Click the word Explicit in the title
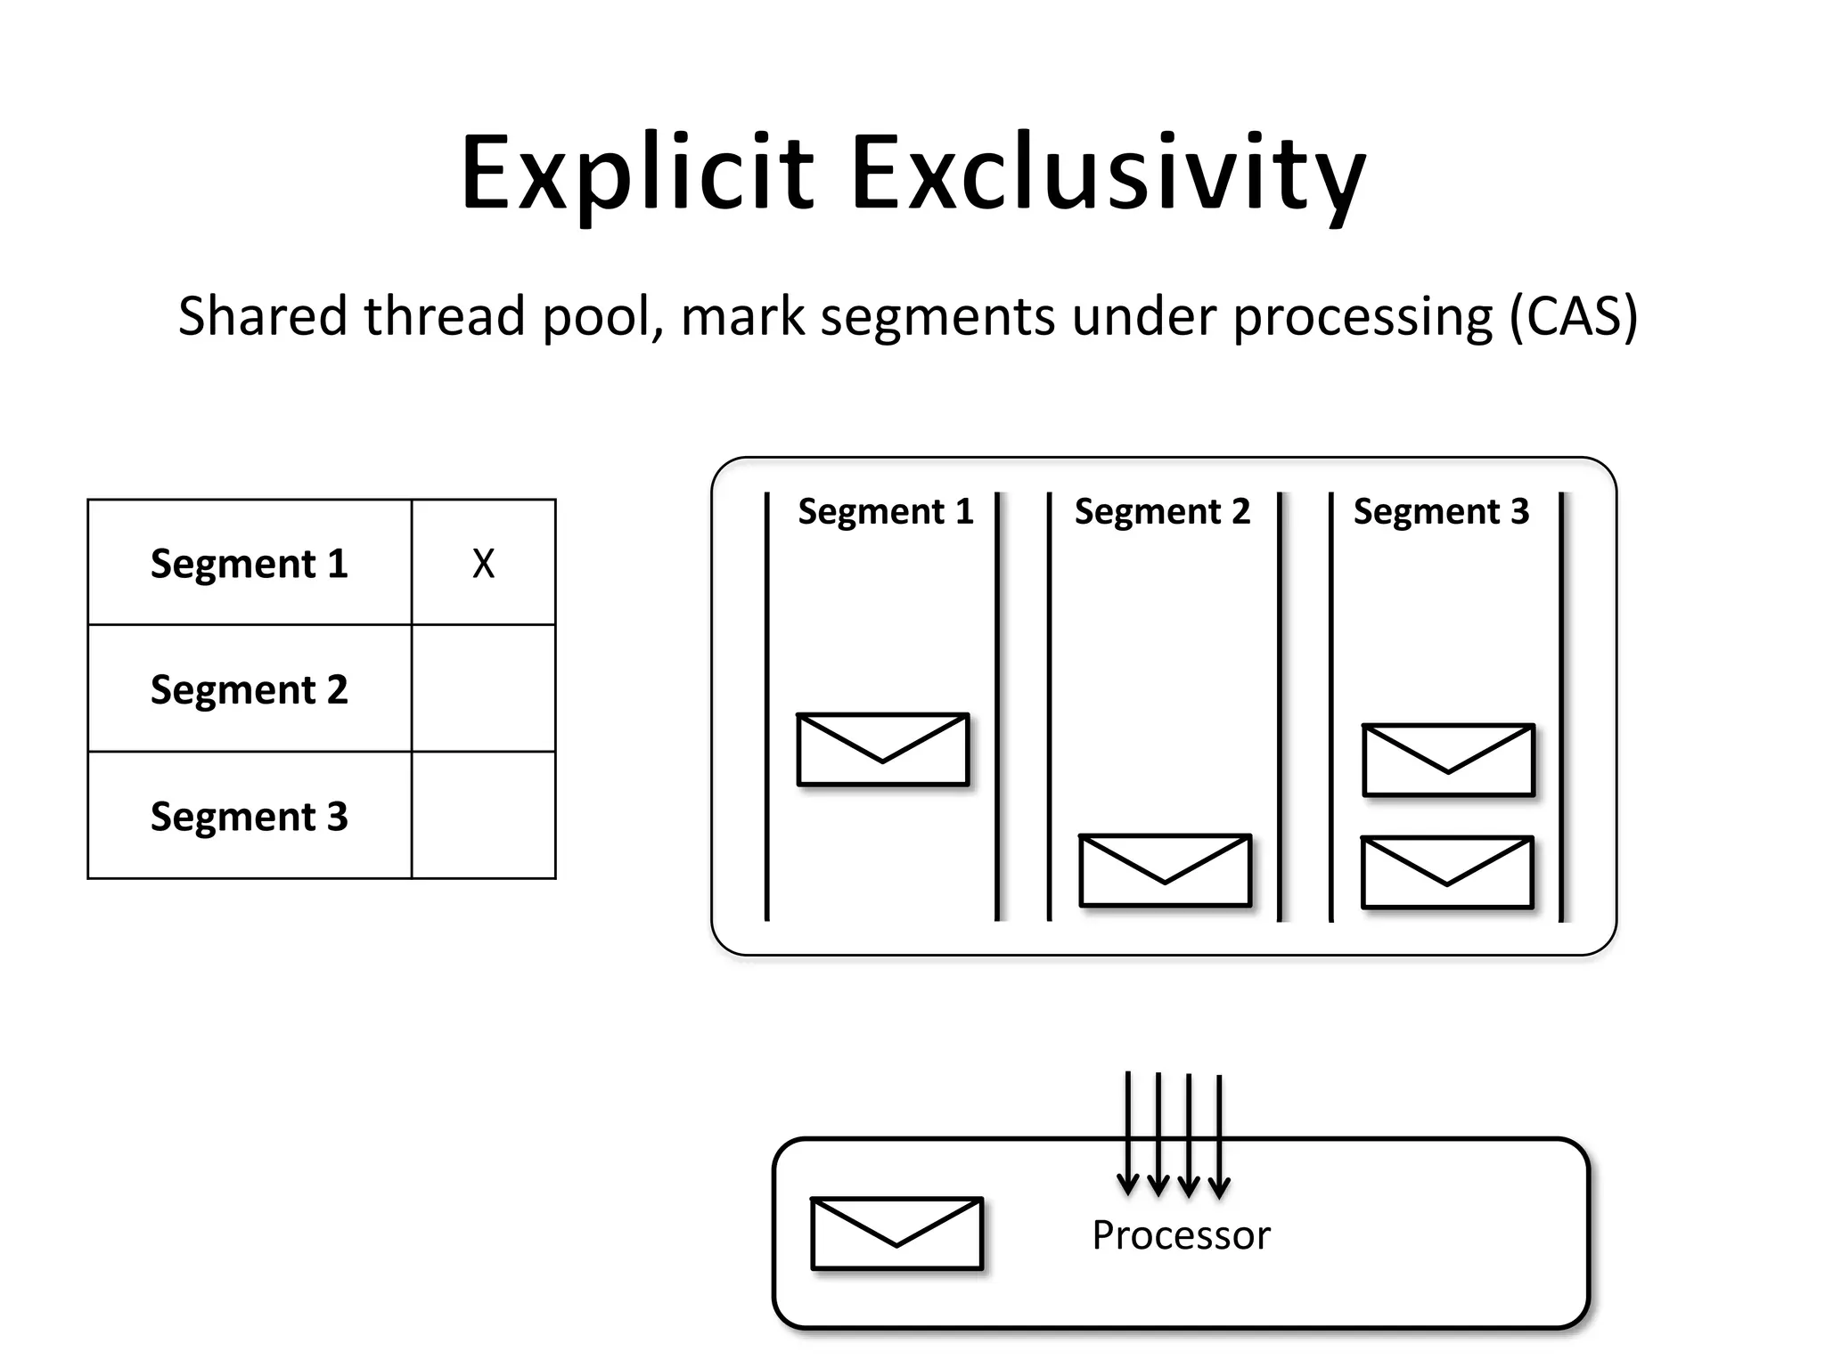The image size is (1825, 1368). (636, 173)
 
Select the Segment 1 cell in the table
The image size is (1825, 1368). (250, 563)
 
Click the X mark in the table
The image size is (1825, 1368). (483, 564)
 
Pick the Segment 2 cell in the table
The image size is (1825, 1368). (250, 689)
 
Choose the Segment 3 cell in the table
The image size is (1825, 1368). (250, 816)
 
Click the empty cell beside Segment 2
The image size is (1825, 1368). (483, 688)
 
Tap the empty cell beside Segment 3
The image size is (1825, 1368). (483, 815)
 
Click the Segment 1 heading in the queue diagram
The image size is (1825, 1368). (885, 512)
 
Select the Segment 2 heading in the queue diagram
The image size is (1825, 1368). (1162, 512)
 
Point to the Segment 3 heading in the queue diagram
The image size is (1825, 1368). (1441, 512)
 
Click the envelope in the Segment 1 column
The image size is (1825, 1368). (882, 749)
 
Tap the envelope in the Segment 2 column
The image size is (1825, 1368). (1165, 870)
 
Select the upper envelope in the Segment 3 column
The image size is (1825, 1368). (1448, 760)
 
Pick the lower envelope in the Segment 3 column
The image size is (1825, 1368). (1447, 872)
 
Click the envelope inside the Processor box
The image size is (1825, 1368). (896, 1234)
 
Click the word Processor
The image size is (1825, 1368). (1181, 1235)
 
